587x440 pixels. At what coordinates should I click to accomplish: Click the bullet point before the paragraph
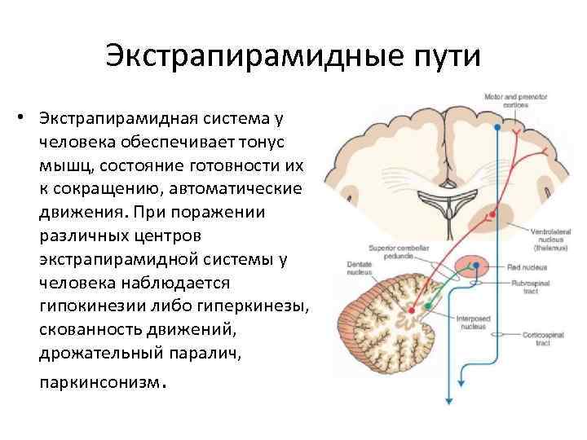click(26, 118)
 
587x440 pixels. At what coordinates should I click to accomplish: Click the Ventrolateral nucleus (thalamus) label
click(552, 238)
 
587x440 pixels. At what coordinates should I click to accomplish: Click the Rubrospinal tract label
click(549, 285)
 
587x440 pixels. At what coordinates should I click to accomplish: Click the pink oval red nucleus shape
click(470, 266)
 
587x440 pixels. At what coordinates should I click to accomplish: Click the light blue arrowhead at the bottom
click(448, 399)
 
